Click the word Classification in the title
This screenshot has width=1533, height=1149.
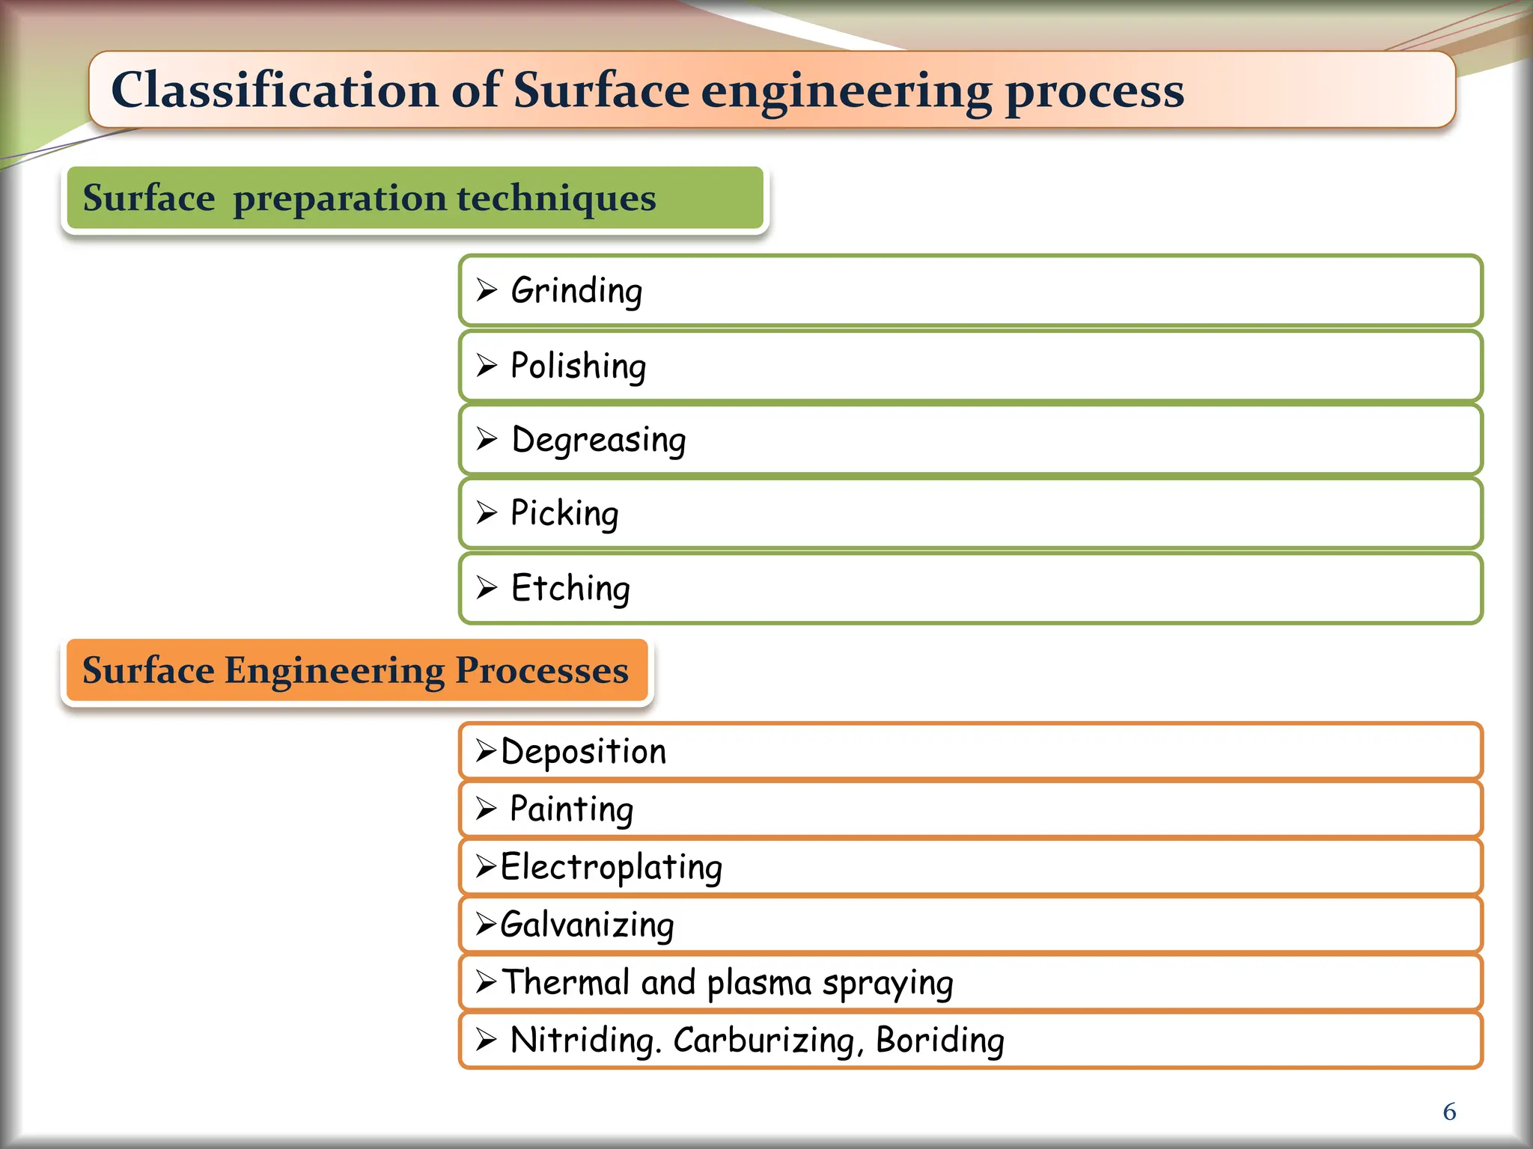pyautogui.click(x=273, y=91)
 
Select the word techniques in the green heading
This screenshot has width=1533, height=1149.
pyautogui.click(x=556, y=198)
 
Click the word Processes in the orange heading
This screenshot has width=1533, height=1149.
pyautogui.click(x=541, y=670)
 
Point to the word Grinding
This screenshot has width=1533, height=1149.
pyautogui.click(x=576, y=291)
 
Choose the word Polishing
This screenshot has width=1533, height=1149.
pyautogui.click(x=578, y=367)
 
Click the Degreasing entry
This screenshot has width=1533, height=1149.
pyautogui.click(x=598, y=440)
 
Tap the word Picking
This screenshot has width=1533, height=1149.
pyautogui.click(x=564, y=514)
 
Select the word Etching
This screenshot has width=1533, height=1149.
pyautogui.click(x=570, y=588)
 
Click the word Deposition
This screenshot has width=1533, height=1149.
pyautogui.click(x=583, y=752)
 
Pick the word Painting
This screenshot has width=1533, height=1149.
pyautogui.click(x=571, y=809)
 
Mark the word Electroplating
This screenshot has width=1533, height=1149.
pyautogui.click(x=611, y=868)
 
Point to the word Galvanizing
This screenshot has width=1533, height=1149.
pyautogui.click(x=587, y=925)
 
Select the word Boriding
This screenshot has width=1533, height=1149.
pyautogui.click(x=939, y=1041)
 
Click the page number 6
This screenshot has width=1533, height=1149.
pyautogui.click(x=1449, y=1112)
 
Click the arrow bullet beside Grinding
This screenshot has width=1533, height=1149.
pyautogui.click(x=487, y=289)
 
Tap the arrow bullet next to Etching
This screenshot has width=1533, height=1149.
pyautogui.click(x=487, y=587)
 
